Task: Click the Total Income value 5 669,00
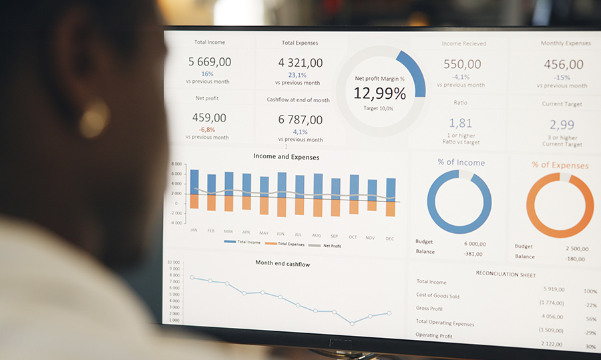pyautogui.click(x=210, y=62)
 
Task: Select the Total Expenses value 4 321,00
pyautogui.click(x=300, y=63)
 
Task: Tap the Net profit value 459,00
pyautogui.click(x=210, y=118)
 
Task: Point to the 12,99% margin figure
pyautogui.click(x=379, y=93)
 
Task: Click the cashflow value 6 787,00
pyautogui.click(x=300, y=120)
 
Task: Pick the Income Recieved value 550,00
pyautogui.click(x=462, y=64)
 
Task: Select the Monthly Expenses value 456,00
pyautogui.click(x=563, y=65)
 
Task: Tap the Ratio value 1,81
pyautogui.click(x=460, y=123)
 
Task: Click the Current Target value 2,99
pyautogui.click(x=562, y=124)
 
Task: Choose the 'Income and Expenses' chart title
pyautogui.click(x=286, y=157)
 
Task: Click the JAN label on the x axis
pyautogui.click(x=194, y=230)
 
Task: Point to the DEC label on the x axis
pyautogui.click(x=390, y=238)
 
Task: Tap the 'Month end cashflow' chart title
pyautogui.click(x=282, y=263)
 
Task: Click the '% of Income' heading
pyautogui.click(x=461, y=162)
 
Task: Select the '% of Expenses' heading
pyautogui.click(x=560, y=165)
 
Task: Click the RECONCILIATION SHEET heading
pyautogui.click(x=506, y=274)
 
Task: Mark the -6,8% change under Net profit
pyautogui.click(x=206, y=130)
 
